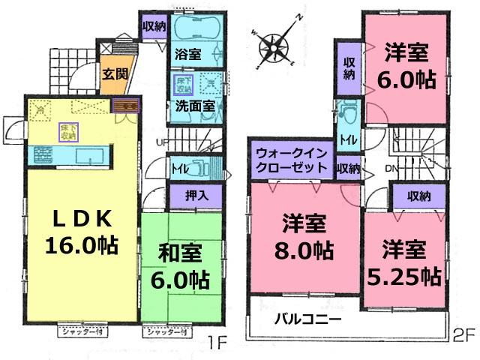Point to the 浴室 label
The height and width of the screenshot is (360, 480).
[x=188, y=54]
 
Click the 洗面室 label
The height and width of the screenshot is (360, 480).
[x=196, y=106]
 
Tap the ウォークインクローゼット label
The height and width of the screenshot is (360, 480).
[x=288, y=160]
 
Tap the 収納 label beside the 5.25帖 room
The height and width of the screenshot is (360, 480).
[x=419, y=196]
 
